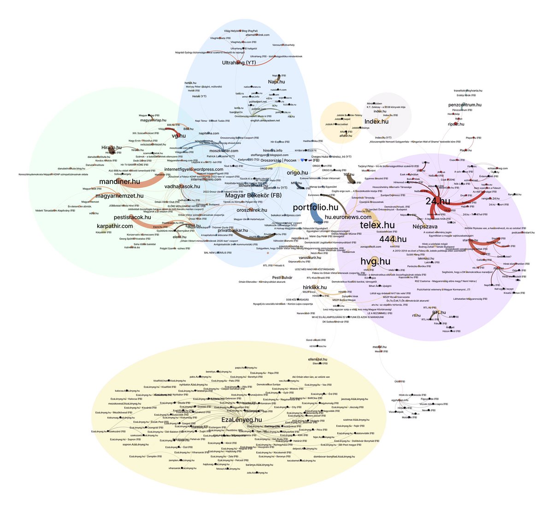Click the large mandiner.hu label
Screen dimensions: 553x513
(119, 182)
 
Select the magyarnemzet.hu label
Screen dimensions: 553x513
(120, 196)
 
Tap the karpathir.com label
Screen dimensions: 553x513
(115, 226)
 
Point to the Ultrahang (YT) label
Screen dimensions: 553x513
(239, 63)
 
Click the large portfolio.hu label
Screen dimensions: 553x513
(315, 208)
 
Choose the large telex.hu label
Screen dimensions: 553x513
(377, 225)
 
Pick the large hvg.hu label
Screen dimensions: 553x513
(375, 262)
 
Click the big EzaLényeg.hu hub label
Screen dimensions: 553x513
(241, 420)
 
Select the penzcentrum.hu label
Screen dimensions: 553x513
(465, 105)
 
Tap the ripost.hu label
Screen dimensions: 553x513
(456, 124)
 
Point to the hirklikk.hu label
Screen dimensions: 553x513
(315, 287)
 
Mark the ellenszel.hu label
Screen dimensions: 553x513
(317, 359)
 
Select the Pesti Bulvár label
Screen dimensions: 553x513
(283, 277)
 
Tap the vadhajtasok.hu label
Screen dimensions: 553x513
(182, 186)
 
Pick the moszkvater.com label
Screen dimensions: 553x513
(224, 151)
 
